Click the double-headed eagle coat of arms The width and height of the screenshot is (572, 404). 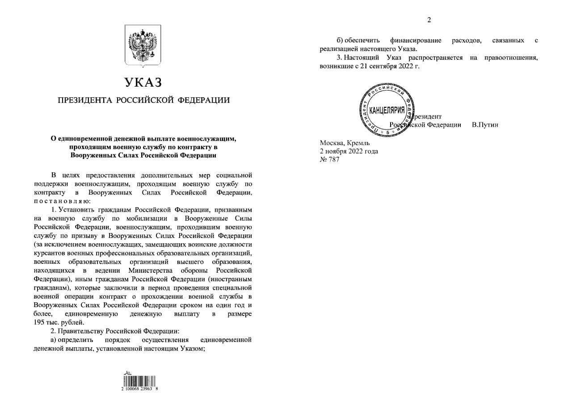143,46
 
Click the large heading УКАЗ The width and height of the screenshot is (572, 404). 143,82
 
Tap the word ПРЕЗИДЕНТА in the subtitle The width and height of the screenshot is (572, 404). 85,100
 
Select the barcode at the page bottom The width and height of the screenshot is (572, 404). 139,382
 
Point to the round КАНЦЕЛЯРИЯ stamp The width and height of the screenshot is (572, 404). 387,110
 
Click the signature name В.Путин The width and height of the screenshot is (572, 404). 485,125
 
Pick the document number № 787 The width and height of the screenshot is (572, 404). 329,160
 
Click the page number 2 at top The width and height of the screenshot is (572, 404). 429,19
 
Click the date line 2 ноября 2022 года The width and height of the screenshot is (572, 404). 349,151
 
